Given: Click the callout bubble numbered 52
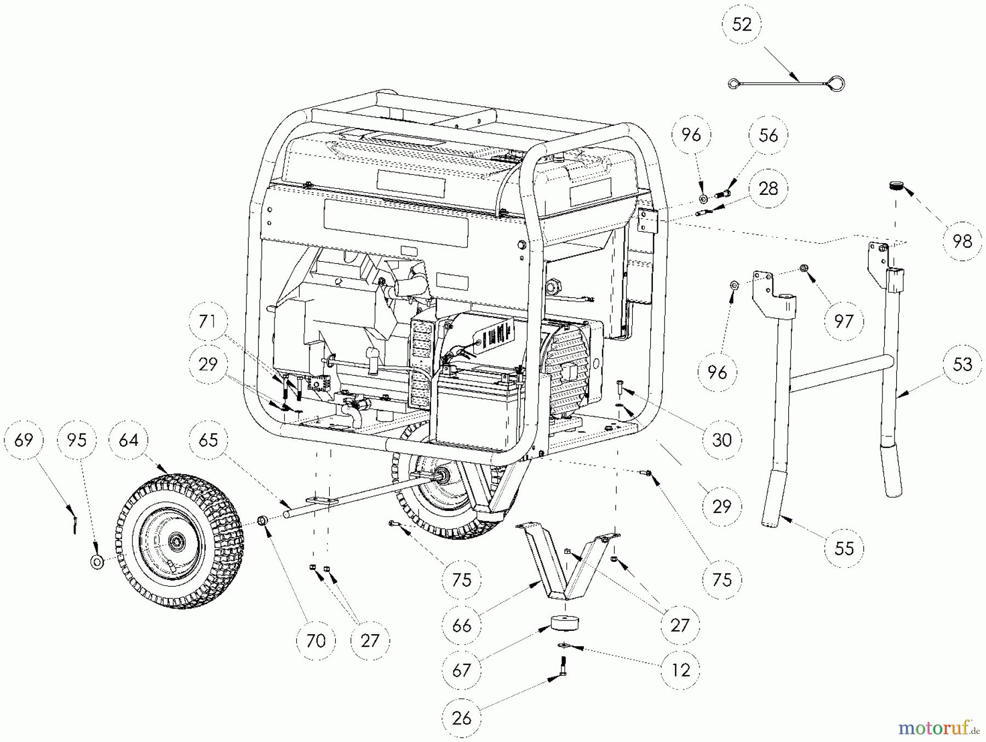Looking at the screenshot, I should (x=742, y=25).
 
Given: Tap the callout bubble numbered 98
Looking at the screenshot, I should (x=962, y=241).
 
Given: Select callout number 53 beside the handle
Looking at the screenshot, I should (x=962, y=364).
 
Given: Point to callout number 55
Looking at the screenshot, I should (x=844, y=548).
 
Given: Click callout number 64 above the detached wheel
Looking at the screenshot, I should (x=129, y=440).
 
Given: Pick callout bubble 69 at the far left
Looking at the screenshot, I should (x=24, y=440).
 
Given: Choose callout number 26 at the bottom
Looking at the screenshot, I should (x=462, y=718).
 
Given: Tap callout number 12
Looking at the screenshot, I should (x=681, y=670).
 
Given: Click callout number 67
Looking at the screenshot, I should (x=462, y=670).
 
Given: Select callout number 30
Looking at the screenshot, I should (x=721, y=440).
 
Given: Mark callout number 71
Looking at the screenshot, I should (x=208, y=321).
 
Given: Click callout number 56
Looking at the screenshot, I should (x=769, y=135).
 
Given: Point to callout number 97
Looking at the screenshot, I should (x=844, y=321).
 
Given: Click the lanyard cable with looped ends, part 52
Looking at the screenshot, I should (x=787, y=84).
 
